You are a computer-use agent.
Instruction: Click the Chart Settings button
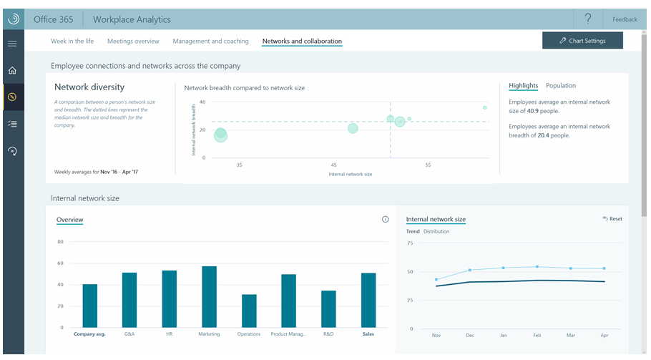click(582, 40)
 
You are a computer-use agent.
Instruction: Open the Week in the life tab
click(72, 41)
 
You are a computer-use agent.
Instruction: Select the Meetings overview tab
click(133, 41)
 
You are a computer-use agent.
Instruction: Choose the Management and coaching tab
click(210, 41)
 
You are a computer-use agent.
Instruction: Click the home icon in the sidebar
click(12, 70)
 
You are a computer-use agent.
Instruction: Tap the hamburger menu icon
click(12, 44)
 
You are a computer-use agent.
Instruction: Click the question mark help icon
click(588, 19)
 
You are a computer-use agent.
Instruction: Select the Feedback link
click(625, 19)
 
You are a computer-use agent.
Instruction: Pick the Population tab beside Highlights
click(560, 86)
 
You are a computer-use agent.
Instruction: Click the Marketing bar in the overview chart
click(209, 297)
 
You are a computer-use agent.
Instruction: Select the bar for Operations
click(249, 311)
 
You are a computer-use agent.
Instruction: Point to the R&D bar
click(328, 309)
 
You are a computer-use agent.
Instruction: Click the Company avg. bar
click(89, 306)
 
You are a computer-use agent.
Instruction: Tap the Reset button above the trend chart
click(612, 219)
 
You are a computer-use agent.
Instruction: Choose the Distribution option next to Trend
click(436, 231)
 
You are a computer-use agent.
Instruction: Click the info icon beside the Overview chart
click(386, 219)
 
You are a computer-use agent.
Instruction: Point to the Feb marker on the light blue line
click(537, 266)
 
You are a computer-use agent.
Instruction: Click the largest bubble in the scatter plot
click(220, 135)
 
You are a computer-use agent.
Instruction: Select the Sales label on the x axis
click(368, 334)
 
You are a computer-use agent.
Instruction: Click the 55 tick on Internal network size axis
click(428, 165)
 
